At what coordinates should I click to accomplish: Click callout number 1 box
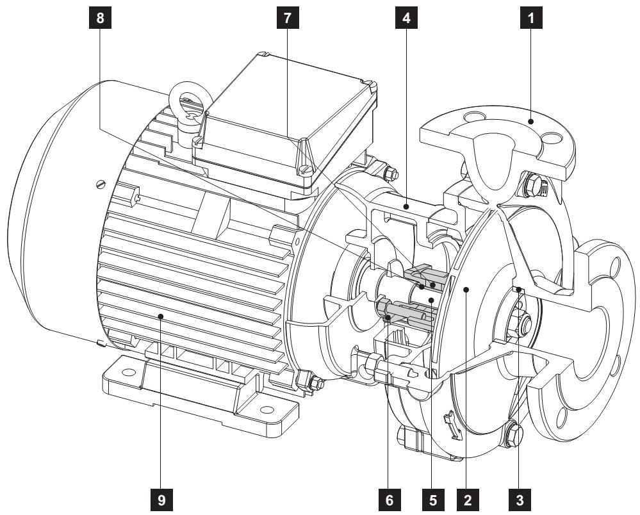(531, 18)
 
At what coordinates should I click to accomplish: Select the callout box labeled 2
(468, 500)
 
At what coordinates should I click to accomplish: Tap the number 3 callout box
(520, 500)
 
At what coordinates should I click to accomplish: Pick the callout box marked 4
(406, 18)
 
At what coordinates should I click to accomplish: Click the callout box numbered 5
(432, 500)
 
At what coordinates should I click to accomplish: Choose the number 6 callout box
(390, 500)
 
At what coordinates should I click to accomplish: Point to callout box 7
(288, 18)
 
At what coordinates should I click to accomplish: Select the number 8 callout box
(101, 18)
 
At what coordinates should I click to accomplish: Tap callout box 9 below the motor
(161, 500)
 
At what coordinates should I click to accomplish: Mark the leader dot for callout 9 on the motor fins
(161, 316)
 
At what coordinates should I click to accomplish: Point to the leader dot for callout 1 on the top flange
(530, 121)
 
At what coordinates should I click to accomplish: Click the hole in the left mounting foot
(129, 372)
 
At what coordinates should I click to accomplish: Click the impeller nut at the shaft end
(518, 322)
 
